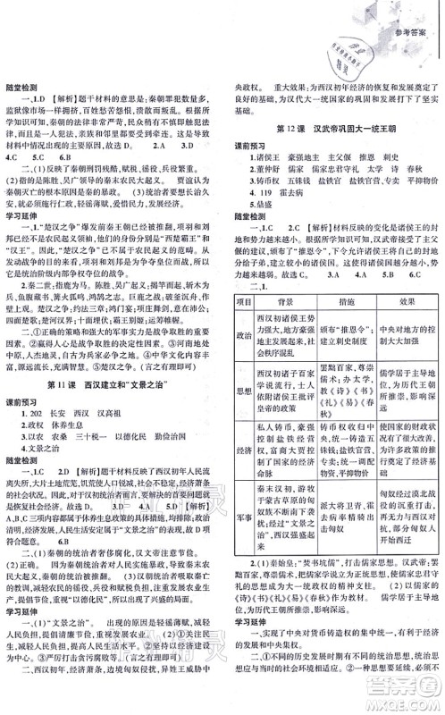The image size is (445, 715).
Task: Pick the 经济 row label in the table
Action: [239, 452]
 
